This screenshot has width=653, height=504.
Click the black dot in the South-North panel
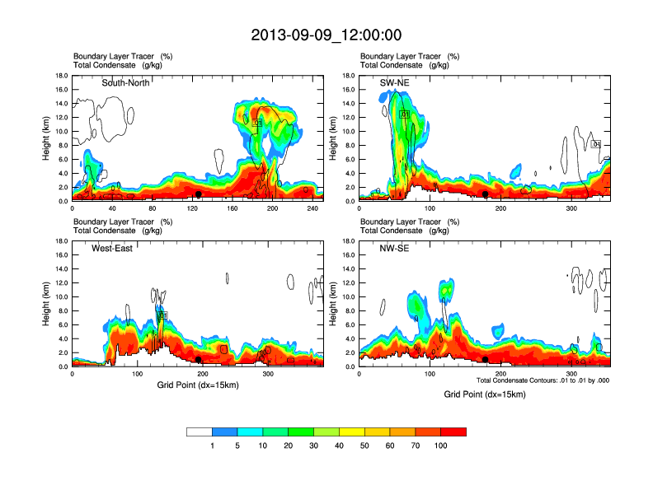pos(198,194)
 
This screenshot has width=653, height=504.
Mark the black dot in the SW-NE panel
pos(486,194)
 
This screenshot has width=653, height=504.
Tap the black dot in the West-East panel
pos(199,360)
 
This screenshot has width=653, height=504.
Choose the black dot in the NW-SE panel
pos(486,360)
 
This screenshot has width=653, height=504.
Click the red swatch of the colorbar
pos(453,432)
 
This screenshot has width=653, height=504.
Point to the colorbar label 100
pos(441,446)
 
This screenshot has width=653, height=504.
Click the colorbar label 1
pos(213,446)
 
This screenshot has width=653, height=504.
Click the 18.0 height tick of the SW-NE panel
pos(350,76)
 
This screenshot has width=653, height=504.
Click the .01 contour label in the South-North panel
pos(256,123)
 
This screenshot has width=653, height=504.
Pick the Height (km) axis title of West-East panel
pos(46,304)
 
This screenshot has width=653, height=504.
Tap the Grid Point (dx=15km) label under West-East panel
pos(198,385)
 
